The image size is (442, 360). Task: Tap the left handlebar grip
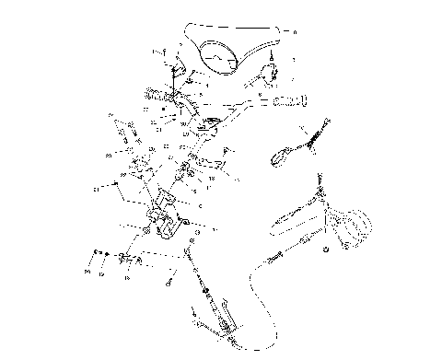156,93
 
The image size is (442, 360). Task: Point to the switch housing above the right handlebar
273,73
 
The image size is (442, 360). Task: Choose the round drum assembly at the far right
350,227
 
